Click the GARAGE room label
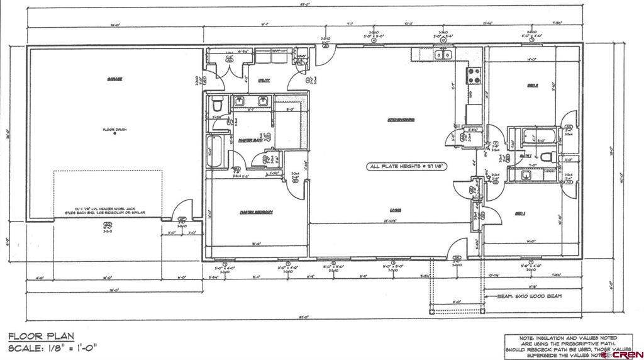point(114,80)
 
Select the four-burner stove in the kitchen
point(472,76)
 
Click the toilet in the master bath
point(216,103)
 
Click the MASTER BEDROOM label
point(255,212)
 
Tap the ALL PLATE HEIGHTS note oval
point(407,167)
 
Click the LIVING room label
point(395,210)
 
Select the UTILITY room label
point(264,81)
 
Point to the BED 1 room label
point(520,213)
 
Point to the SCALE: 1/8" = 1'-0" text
point(53,348)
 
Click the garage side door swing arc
point(182,210)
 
